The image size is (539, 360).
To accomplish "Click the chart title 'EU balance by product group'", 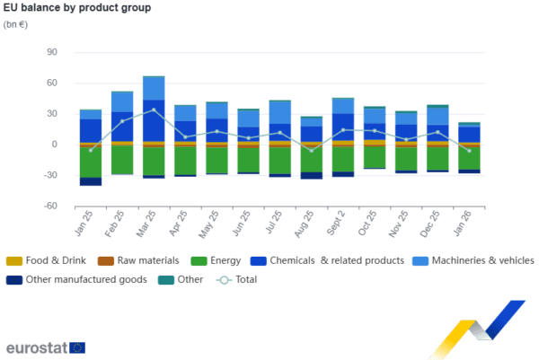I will pos(77,8).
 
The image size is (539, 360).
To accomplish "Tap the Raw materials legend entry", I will pos(142,261).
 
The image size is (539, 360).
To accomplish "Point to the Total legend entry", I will pos(245,280).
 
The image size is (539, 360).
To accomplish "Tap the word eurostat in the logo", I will pos(35,347).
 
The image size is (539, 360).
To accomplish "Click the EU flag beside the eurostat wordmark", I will pos(77,347).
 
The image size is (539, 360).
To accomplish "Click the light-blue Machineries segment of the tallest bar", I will pos(154,88).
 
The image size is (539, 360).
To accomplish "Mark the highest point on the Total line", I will pos(154,110).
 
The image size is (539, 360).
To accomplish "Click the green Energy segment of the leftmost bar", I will pos(91,162).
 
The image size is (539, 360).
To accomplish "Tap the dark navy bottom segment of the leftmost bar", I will pos(91,182).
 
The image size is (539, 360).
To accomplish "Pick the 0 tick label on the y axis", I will pos(54,145).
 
